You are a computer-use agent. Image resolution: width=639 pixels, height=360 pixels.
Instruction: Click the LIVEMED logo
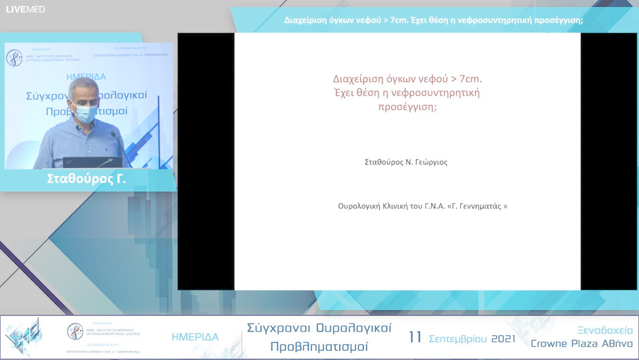click(x=25, y=9)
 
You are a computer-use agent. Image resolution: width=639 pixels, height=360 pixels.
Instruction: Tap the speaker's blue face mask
click(x=85, y=112)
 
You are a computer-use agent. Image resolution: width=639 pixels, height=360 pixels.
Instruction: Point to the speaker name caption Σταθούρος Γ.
click(x=86, y=179)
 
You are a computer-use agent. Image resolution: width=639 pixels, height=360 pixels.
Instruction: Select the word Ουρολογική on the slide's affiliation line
click(x=359, y=206)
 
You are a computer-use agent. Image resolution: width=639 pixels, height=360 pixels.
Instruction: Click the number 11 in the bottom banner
click(x=415, y=337)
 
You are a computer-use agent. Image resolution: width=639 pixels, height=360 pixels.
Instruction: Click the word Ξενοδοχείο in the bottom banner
click(x=605, y=330)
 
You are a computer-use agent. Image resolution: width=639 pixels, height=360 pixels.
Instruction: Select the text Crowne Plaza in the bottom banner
click(x=566, y=344)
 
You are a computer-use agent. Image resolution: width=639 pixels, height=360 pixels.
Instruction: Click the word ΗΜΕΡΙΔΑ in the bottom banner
click(x=195, y=337)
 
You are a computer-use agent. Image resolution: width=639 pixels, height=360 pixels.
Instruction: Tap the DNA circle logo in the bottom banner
click(x=75, y=332)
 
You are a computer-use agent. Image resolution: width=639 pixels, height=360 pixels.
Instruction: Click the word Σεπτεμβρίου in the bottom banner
click(x=456, y=339)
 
